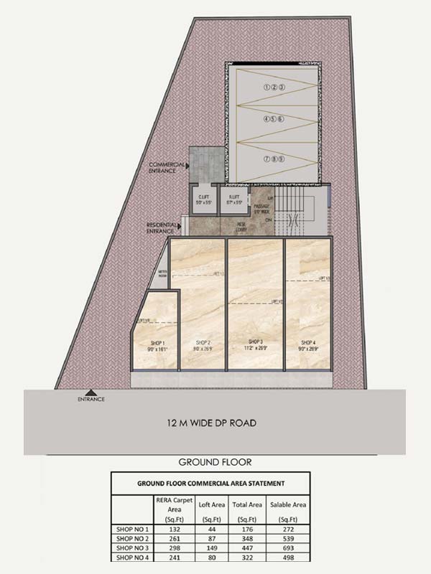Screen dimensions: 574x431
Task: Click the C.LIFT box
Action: (x=202, y=199)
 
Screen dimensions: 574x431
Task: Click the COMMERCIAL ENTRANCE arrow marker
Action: (x=187, y=166)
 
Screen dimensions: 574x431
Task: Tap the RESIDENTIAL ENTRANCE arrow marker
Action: (x=180, y=227)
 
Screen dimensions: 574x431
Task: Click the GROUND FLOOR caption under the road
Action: (x=215, y=462)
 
